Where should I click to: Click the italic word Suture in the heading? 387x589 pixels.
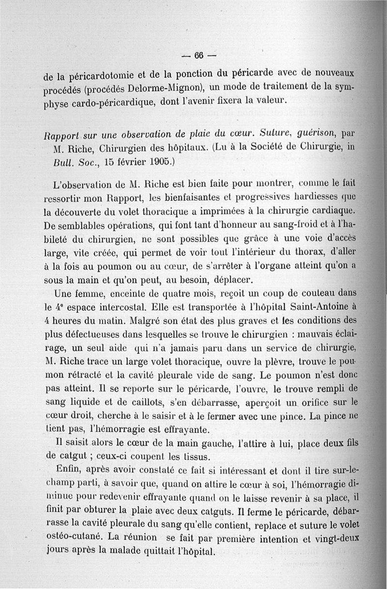(x=273, y=132)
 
